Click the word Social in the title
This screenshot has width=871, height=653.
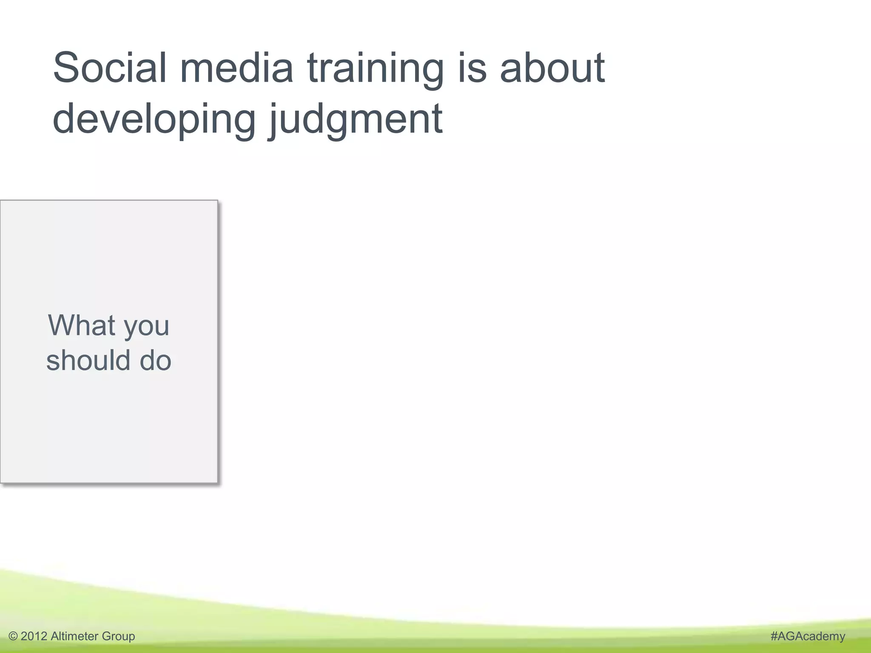(110, 68)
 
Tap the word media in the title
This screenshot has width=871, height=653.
(236, 68)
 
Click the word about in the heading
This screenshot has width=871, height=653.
(552, 68)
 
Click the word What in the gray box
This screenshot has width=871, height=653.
(82, 325)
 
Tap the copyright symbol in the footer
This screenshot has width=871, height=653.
(13, 636)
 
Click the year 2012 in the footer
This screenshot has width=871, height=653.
(34, 636)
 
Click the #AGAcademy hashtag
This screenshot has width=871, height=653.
(808, 636)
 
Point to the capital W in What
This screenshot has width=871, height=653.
(62, 325)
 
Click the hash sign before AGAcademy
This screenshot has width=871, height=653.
(774, 636)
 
